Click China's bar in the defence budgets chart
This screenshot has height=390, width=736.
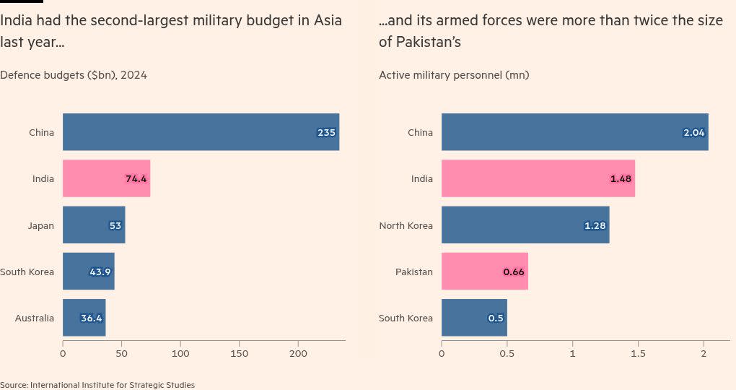[201, 132]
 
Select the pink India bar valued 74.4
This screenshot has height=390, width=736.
[106, 178]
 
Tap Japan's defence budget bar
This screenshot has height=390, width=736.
[94, 225]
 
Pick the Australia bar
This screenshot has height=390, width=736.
[84, 318]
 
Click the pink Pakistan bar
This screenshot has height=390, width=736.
[484, 272]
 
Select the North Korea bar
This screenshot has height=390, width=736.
[525, 225]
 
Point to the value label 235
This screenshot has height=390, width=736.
[326, 133]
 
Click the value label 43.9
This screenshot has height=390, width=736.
[100, 272]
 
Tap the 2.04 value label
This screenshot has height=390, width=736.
[693, 133]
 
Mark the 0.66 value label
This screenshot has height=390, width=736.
[514, 272]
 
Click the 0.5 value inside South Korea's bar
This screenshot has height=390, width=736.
[496, 318]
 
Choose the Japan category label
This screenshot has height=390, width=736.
[40, 225]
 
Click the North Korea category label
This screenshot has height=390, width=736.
[406, 225]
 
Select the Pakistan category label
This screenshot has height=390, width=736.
[413, 272]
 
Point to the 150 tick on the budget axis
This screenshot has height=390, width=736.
[240, 354]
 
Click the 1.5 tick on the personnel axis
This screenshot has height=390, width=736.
[638, 354]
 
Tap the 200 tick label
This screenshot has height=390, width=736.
[299, 354]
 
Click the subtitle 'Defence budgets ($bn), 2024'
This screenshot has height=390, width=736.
[74, 74]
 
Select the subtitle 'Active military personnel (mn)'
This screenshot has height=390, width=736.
[454, 74]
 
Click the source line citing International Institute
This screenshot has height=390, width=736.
[97, 385]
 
